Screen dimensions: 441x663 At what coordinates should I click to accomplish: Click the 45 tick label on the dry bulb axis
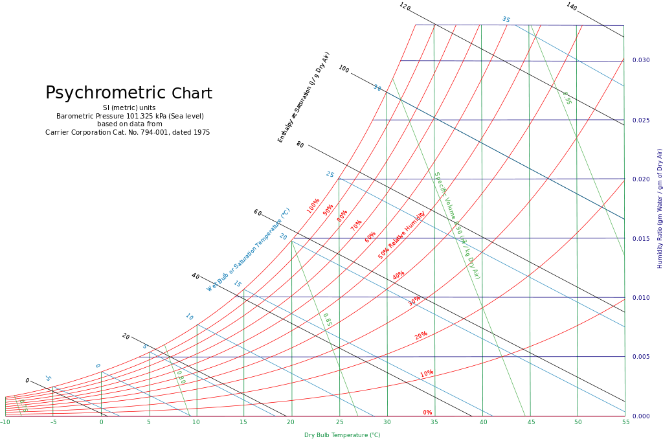pos(530,422)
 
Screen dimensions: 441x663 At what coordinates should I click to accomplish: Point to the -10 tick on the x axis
pos(5,422)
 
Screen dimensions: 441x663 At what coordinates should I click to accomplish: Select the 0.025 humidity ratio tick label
pos(640,120)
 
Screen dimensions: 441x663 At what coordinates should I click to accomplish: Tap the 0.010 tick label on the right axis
pos(640,298)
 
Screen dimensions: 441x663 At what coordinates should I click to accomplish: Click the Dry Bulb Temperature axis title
pos(342,435)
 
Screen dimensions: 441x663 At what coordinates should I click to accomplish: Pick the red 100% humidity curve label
pos(313,206)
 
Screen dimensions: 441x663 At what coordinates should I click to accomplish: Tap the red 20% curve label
pos(421,336)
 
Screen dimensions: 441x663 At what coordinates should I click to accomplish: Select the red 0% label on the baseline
pos(427,413)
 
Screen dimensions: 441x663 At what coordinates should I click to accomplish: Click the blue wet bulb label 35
pos(506,19)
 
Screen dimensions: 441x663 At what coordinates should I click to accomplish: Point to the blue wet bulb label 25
pos(330,175)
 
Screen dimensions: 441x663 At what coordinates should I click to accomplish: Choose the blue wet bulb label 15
pos(238,284)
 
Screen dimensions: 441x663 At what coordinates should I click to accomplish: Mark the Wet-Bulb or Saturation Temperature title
pos(249,250)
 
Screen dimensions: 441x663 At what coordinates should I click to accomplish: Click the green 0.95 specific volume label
pos(567,98)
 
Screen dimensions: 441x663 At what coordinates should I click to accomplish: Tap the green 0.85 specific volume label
pos(328,320)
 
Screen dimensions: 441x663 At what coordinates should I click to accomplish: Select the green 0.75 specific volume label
pos(23,407)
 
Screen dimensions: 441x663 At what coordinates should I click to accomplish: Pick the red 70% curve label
pos(356,225)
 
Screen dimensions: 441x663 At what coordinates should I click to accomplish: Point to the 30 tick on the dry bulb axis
pos(387,422)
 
